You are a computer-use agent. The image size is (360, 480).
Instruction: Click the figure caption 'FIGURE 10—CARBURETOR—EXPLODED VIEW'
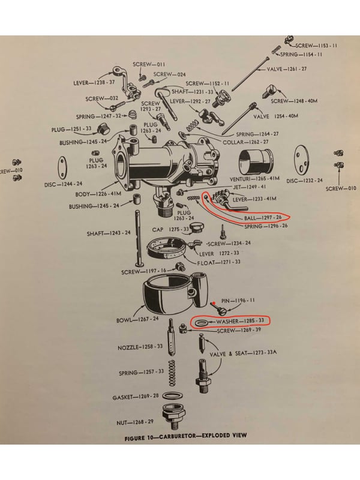185,436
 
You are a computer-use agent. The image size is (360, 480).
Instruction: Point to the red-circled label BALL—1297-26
262,218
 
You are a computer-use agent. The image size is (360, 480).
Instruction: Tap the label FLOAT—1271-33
219,263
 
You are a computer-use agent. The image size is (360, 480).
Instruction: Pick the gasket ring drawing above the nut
173,397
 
